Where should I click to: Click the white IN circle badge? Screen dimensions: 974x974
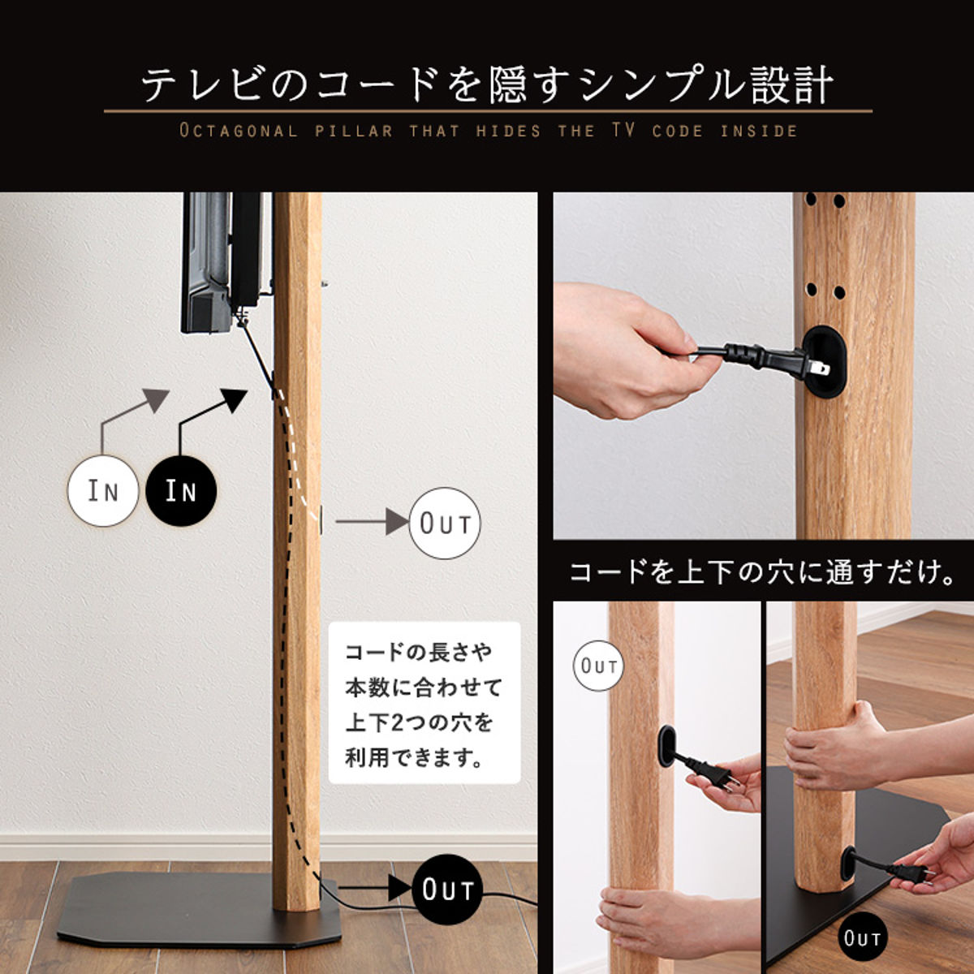click(103, 491)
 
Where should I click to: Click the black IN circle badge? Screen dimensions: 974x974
click(182, 491)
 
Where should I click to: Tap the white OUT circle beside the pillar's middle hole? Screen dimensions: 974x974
click(445, 524)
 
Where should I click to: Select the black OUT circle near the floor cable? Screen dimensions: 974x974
click(446, 890)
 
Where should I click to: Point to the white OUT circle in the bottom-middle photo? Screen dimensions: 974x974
click(599, 666)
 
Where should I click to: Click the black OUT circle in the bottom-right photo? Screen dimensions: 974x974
click(861, 938)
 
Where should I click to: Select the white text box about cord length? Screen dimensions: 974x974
click(424, 703)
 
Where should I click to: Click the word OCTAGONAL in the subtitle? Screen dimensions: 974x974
click(239, 131)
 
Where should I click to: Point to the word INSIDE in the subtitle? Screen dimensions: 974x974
click(758, 131)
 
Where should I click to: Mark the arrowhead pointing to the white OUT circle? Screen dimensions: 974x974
click(398, 522)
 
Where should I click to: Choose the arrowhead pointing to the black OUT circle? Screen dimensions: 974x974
click(399, 888)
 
